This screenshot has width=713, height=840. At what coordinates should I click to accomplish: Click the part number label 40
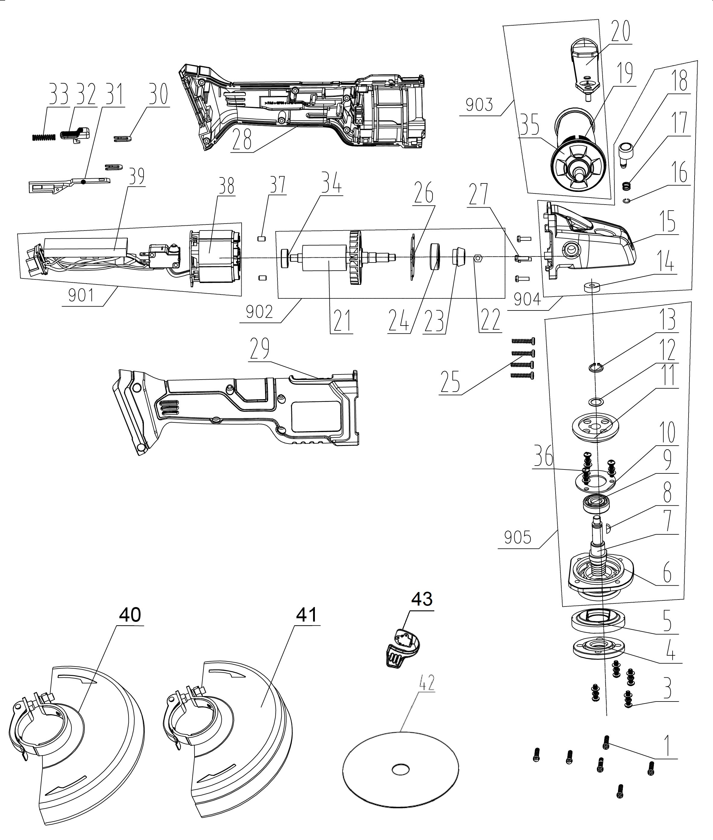pyautogui.click(x=130, y=614)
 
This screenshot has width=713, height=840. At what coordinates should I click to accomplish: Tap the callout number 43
pyautogui.click(x=422, y=599)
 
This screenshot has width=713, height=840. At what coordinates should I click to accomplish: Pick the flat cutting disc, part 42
pyautogui.click(x=401, y=768)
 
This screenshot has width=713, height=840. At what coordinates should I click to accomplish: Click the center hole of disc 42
pyautogui.click(x=401, y=769)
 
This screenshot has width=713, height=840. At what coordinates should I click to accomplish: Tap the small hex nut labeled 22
pyautogui.click(x=477, y=258)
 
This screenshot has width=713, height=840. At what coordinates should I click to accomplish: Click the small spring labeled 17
pyautogui.click(x=626, y=186)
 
